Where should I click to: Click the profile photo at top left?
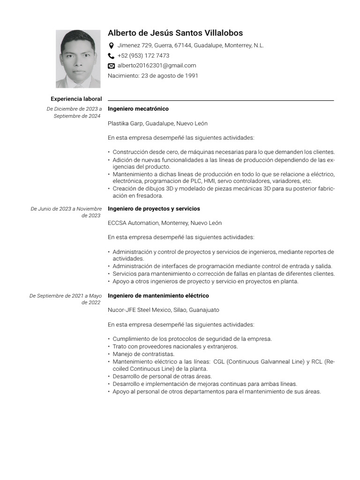[78, 59]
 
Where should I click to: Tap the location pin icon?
[111, 46]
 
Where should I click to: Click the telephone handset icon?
[111, 56]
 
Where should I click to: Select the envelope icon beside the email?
[111, 66]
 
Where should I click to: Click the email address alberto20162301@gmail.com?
[157, 66]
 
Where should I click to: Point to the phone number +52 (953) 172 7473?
[143, 56]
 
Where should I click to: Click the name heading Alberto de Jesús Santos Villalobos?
[175, 33]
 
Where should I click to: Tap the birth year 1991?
[191, 75]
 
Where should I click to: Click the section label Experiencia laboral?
[76, 99]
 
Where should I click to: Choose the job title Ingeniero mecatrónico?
[138, 109]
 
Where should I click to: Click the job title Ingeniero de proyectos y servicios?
[154, 209]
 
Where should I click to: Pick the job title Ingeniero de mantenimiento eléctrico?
[158, 296]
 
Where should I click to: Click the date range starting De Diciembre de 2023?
[74, 112]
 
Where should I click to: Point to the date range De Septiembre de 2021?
[66, 299]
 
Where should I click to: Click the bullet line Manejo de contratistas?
[143, 354]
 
